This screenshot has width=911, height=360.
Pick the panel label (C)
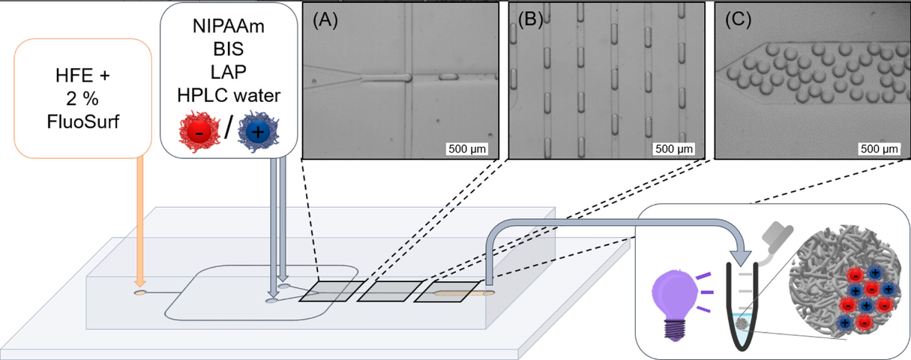[x=738, y=21]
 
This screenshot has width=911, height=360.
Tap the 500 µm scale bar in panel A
[x=468, y=148]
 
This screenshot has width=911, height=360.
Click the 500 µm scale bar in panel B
[x=675, y=148]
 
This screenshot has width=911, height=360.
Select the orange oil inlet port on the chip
[x=140, y=292]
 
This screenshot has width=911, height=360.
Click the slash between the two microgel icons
[x=228, y=127]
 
